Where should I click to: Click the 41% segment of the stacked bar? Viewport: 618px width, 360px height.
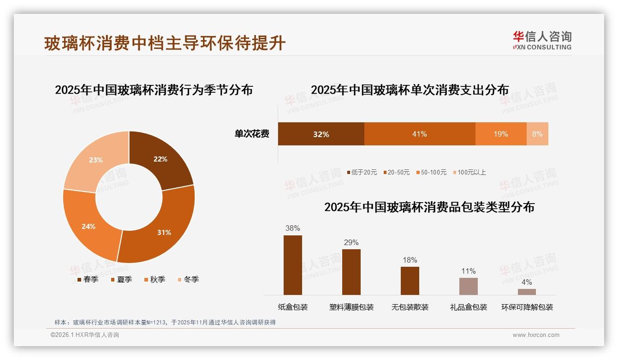420,134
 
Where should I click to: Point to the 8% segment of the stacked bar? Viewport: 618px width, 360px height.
537,134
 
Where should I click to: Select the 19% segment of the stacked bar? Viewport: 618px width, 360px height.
501,134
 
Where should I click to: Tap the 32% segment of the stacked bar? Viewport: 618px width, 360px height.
321,134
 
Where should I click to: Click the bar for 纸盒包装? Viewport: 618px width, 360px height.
293,265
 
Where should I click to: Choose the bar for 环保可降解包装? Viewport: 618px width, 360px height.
527,292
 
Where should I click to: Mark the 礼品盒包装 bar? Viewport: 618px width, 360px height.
469,286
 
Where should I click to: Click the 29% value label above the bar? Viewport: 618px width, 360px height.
351,242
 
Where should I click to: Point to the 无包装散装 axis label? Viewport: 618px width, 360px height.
410,307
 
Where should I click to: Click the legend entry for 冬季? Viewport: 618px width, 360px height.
188,279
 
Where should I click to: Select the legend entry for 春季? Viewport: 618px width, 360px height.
87,279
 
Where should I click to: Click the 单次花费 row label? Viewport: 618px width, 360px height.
252,134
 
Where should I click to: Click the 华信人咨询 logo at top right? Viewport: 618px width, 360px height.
542,40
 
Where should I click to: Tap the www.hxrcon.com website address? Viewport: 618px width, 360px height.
536,335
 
